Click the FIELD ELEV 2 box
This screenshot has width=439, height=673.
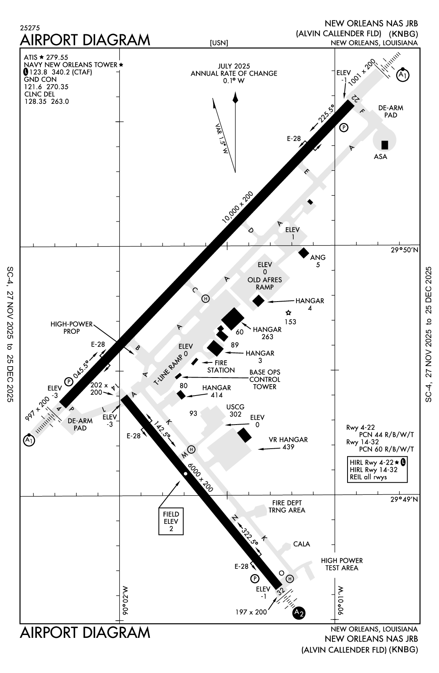pos(171,521)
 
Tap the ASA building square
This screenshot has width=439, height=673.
pos(384,145)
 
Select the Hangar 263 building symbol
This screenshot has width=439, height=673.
pos(233,319)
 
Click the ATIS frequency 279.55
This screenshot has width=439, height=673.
pos(57,57)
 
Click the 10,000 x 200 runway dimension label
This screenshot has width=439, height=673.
pos(237,207)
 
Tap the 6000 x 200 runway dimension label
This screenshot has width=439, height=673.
pos(201,476)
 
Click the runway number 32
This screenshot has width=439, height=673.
pos(280,591)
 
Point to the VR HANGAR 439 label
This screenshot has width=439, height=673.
pos(288,443)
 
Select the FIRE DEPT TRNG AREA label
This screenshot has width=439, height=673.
pos(287,506)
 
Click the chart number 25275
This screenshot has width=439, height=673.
pos(29,28)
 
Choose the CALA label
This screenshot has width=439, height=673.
pos(301,544)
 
